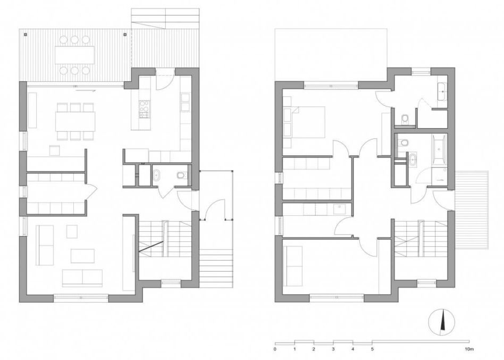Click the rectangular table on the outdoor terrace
pyautogui.click(x=74, y=55)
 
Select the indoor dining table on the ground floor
pyautogui.click(x=75, y=121)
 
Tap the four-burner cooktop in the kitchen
pyautogui.click(x=144, y=110)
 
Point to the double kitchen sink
pyautogui.click(x=186, y=102)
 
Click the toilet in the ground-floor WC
pyautogui.click(x=181, y=175)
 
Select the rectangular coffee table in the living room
pyautogui.click(x=82, y=256)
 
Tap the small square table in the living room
pyautogui.click(x=72, y=231)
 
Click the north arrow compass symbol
pyautogui.click(x=442, y=321)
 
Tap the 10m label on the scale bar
pyautogui.click(x=468, y=349)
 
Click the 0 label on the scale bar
pyautogui.click(x=275, y=349)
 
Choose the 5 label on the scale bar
pyautogui.click(x=372, y=349)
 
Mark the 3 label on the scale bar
pyautogui.click(x=333, y=349)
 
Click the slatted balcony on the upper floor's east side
pyautogui.click(x=472, y=210)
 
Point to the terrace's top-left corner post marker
pyautogui.click(x=26, y=34)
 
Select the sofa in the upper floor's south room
pyautogui.click(x=293, y=266)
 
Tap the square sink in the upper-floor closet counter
pyautogui.click(x=338, y=210)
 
